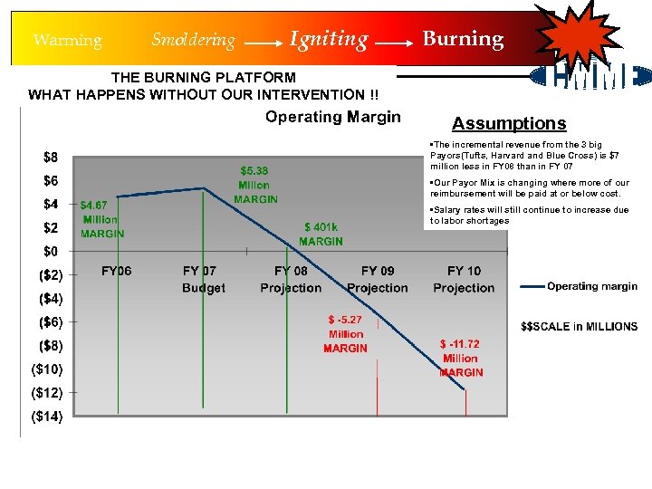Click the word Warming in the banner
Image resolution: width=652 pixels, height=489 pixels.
67,40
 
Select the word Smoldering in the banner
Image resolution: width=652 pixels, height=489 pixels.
193,40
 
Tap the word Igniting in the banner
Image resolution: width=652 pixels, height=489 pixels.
329,39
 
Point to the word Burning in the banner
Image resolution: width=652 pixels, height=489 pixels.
463,39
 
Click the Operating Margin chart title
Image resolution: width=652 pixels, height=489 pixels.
332,117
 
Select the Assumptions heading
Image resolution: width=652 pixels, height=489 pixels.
509,124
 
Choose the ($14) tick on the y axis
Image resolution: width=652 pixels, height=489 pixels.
47,417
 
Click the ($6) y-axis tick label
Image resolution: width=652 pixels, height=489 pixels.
50,322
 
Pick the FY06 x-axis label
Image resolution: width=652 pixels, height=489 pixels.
116,271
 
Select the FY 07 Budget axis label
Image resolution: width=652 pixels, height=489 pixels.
203,279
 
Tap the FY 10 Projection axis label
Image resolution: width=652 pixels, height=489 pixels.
464,279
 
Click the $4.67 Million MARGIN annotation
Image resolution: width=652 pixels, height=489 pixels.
101,219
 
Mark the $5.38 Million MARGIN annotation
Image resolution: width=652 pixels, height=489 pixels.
254,185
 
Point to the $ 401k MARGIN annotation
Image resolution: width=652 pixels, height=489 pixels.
321,234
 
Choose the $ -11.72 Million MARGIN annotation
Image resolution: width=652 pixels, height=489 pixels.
461,358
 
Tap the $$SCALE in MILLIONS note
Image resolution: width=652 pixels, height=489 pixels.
580,326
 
